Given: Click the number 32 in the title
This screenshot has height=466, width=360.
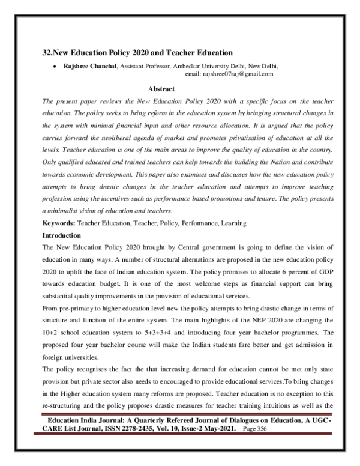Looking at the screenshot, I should (x=47, y=53).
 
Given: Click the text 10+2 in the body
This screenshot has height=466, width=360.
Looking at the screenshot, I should (x=52, y=336).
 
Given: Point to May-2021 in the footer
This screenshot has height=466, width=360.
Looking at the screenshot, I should (x=233, y=431).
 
